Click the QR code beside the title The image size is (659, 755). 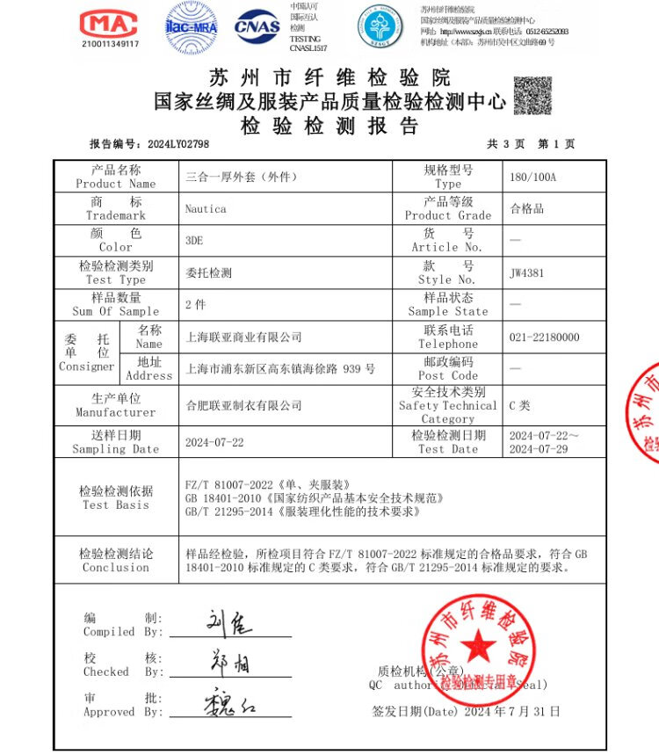pos(532,96)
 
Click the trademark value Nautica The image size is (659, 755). pos(206,209)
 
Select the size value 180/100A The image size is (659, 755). pos(532,177)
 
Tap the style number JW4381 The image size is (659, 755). pos(526,272)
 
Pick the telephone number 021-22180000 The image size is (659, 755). pos(544,338)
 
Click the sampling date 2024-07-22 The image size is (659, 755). pos(214,442)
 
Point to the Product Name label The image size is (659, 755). pos(116,177)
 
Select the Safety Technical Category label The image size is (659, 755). pos(447,405)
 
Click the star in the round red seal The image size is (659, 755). pos(478,646)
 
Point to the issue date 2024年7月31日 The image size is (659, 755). pos(510,711)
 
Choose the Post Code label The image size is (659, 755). pos(447,368)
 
